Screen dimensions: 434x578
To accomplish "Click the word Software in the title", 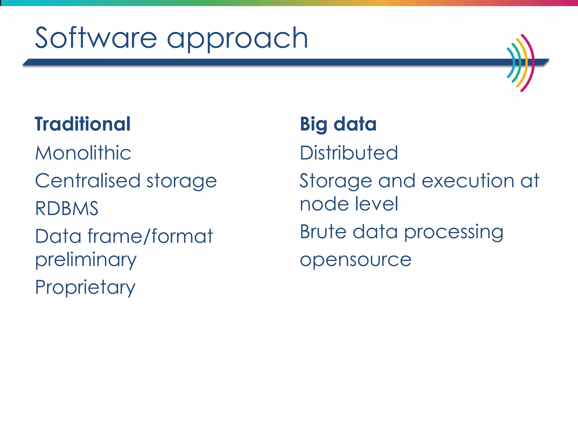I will click(x=96, y=38).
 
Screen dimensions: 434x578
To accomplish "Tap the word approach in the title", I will click(x=237, y=40).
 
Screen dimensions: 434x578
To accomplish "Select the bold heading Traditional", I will click(x=83, y=124).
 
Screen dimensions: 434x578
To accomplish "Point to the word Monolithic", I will click(x=83, y=153).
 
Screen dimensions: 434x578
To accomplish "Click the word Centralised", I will click(x=88, y=181).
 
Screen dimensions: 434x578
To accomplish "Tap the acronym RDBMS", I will click(x=67, y=209).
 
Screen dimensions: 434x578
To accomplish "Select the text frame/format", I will click(x=150, y=236).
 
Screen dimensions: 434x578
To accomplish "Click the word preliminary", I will click(x=86, y=260).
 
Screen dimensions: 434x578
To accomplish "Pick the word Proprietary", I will click(x=85, y=288).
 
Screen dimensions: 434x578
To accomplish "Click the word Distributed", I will click(x=349, y=153).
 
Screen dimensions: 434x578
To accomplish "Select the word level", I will click(x=376, y=204).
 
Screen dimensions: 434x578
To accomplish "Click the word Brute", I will click(x=323, y=232).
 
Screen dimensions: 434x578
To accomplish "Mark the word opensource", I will click(x=356, y=260).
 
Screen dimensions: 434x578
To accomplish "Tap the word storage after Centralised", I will click(x=181, y=182).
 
